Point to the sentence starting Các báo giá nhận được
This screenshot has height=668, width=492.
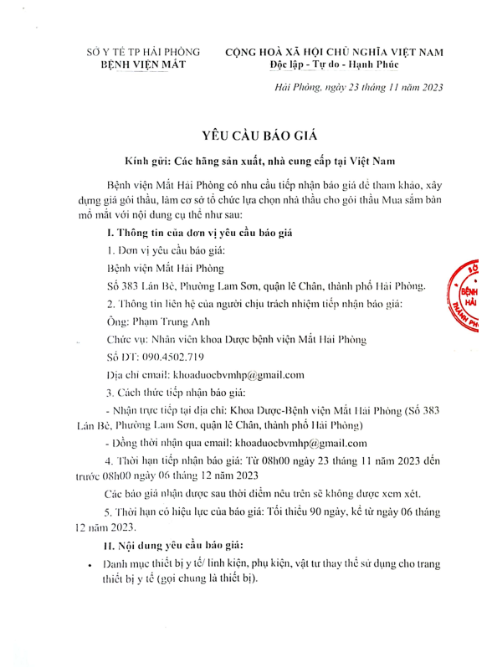(x=273, y=495)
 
